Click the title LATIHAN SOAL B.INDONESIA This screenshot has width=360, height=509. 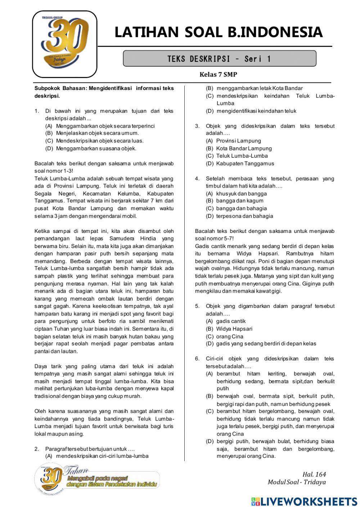218,32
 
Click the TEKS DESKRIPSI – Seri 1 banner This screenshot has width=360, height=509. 219,59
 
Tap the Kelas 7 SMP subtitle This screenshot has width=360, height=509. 218,75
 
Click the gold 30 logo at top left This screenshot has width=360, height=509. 65,44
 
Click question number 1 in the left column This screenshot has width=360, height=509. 37,111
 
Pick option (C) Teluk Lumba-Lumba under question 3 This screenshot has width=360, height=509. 237,156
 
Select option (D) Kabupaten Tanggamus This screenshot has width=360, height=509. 240,163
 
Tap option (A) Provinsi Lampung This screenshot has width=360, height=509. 233,141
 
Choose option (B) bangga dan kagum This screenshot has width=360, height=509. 234,201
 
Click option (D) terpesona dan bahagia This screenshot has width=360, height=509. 239,216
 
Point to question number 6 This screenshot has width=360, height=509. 197,359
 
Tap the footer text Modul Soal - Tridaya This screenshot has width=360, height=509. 296,482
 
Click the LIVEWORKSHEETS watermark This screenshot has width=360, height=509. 304,501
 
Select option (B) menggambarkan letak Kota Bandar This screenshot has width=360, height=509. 254,88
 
